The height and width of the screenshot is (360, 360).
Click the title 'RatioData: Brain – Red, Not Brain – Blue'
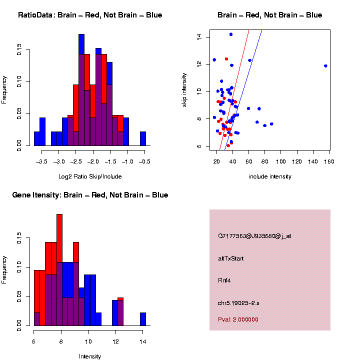click(x=90, y=15)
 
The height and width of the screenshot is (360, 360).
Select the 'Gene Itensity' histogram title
click(x=90, y=195)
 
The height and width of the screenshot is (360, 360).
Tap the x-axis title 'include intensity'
click(x=270, y=176)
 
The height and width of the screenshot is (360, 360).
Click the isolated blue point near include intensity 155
click(x=325, y=66)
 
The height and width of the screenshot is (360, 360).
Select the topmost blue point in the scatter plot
click(x=231, y=34)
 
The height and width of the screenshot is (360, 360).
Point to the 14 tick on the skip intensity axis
click(x=199, y=36)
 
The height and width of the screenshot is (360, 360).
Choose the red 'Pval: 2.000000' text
click(x=238, y=319)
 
